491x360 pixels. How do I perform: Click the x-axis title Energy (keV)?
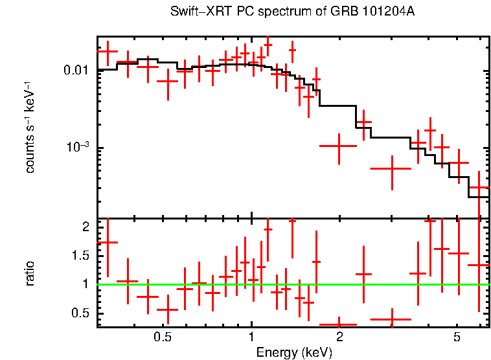click(293, 352)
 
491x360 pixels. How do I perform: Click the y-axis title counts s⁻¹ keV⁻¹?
click(30, 127)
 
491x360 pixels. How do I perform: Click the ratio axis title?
click(30, 273)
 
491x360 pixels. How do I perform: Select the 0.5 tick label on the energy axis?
click(163, 337)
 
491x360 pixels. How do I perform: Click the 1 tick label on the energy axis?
click(251, 337)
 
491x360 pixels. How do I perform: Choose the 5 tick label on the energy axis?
click(457, 337)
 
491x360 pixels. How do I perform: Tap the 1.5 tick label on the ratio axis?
click(80, 256)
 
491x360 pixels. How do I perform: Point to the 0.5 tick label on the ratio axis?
click(80, 313)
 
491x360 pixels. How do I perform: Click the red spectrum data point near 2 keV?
click(339, 146)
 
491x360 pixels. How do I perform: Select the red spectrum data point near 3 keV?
click(391, 168)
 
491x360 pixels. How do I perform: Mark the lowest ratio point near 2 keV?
click(339, 324)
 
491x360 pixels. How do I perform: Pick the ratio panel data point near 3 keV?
click(391, 319)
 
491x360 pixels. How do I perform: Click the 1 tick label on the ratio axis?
click(85, 284)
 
